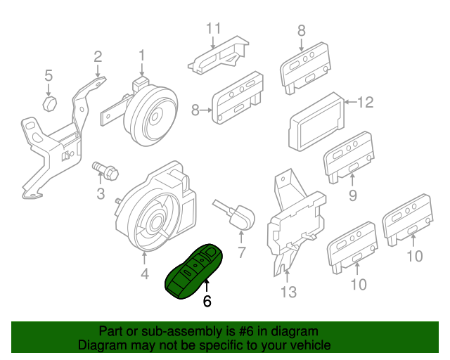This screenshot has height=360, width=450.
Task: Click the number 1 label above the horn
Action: coord(141,55)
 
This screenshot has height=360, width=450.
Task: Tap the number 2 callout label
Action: coord(98,56)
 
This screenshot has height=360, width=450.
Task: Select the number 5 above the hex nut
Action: coord(49,75)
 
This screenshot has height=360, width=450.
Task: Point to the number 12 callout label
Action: coord(364,103)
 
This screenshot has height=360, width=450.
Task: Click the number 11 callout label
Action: coord(214,28)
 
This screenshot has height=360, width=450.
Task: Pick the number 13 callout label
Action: coord(288,292)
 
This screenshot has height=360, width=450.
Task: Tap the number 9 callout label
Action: coord(353,194)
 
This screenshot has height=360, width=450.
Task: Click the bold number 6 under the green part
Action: coord(207,302)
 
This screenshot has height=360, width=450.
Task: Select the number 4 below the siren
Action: coord(145,274)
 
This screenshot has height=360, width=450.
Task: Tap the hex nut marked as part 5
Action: coord(49,104)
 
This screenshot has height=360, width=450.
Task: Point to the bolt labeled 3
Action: coord(105,170)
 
